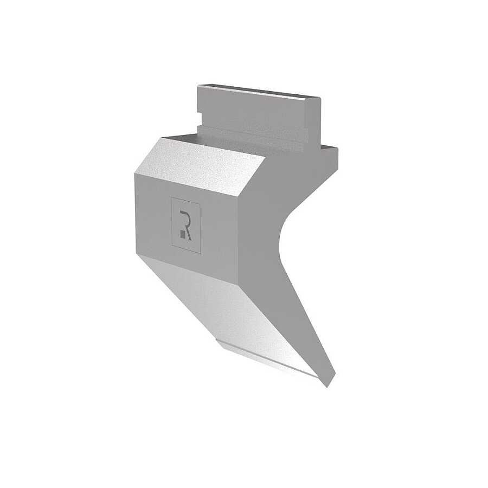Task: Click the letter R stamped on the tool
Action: pyautogui.click(x=186, y=225)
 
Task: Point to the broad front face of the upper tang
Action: pyautogui.click(x=252, y=114)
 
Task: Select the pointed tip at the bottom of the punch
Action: pyautogui.click(x=328, y=387)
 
